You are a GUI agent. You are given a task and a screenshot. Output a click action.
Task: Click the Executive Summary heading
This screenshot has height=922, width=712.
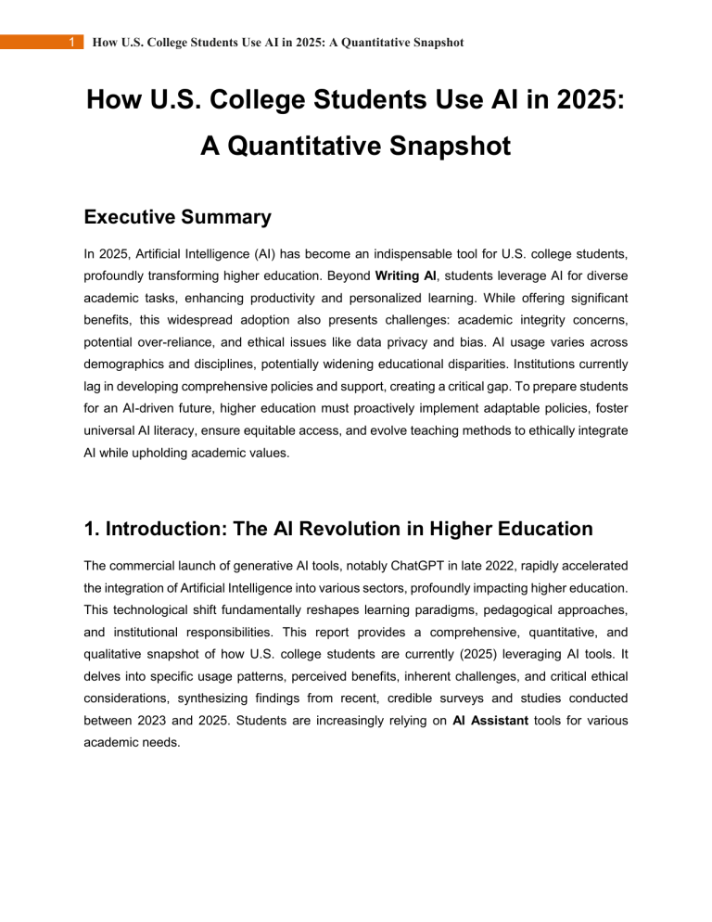coord(177,217)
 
